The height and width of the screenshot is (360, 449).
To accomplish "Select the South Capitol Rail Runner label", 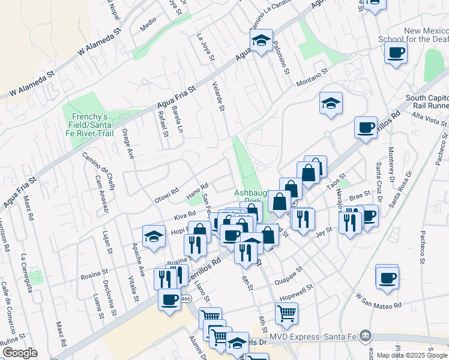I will coord(427,102).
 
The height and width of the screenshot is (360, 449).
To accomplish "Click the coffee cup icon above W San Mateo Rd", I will coord(387,278).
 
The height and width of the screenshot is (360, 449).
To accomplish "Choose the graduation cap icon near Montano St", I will coord(331,103).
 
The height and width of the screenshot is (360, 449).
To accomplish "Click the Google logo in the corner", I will coord(19,352).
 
